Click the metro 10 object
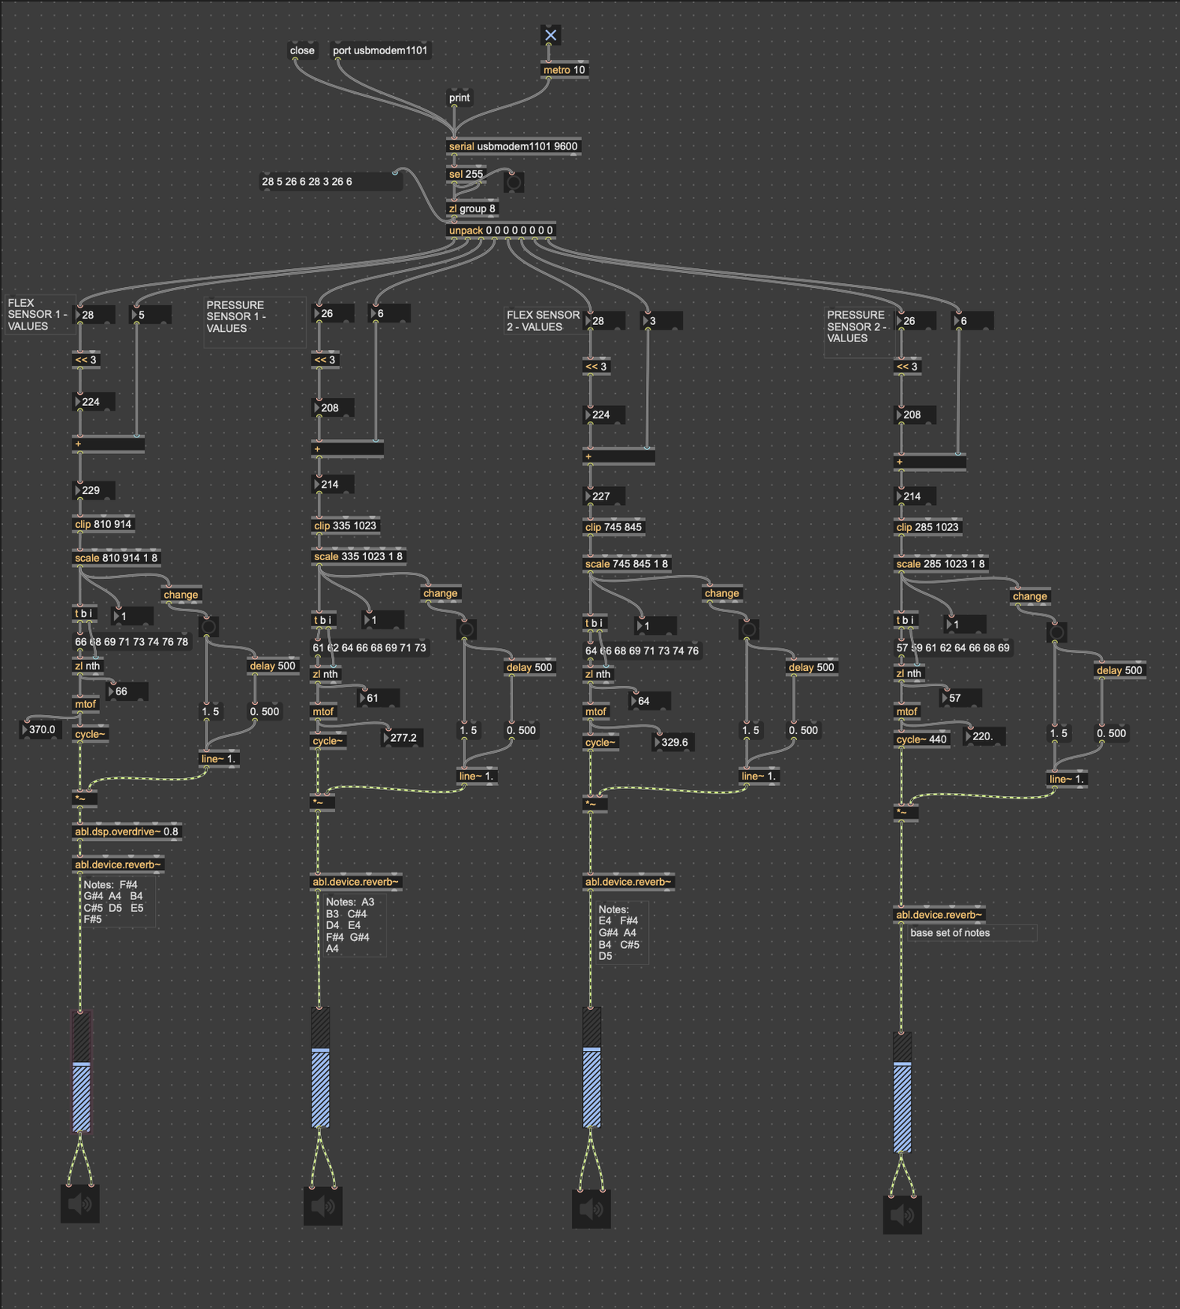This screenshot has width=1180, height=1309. pos(565,70)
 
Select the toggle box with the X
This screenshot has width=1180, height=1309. pos(551,35)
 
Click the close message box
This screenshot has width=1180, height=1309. pos(302,50)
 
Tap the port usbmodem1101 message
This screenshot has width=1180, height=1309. pos(380,50)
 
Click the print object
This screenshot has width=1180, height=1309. pos(459,98)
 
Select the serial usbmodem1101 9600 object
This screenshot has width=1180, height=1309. pos(513,146)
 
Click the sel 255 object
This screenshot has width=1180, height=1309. pos(466,174)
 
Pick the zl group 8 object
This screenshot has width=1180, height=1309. pos(472,208)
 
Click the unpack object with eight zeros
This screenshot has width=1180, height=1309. pos(501,230)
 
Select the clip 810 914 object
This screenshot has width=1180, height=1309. pos(103,524)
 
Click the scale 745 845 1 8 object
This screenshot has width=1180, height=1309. pos(626,563)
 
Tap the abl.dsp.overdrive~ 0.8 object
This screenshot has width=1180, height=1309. pos(127,831)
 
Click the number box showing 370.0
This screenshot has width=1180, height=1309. pos(40,729)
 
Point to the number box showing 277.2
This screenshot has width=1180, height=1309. pos(402,737)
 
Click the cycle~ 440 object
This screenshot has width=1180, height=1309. pos(922,739)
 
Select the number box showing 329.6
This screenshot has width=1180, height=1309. pos(673,742)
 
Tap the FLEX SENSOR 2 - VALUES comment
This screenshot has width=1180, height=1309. pos(544,321)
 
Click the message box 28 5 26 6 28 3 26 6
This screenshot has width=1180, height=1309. pos(331,182)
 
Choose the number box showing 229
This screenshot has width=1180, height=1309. pos(94,490)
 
